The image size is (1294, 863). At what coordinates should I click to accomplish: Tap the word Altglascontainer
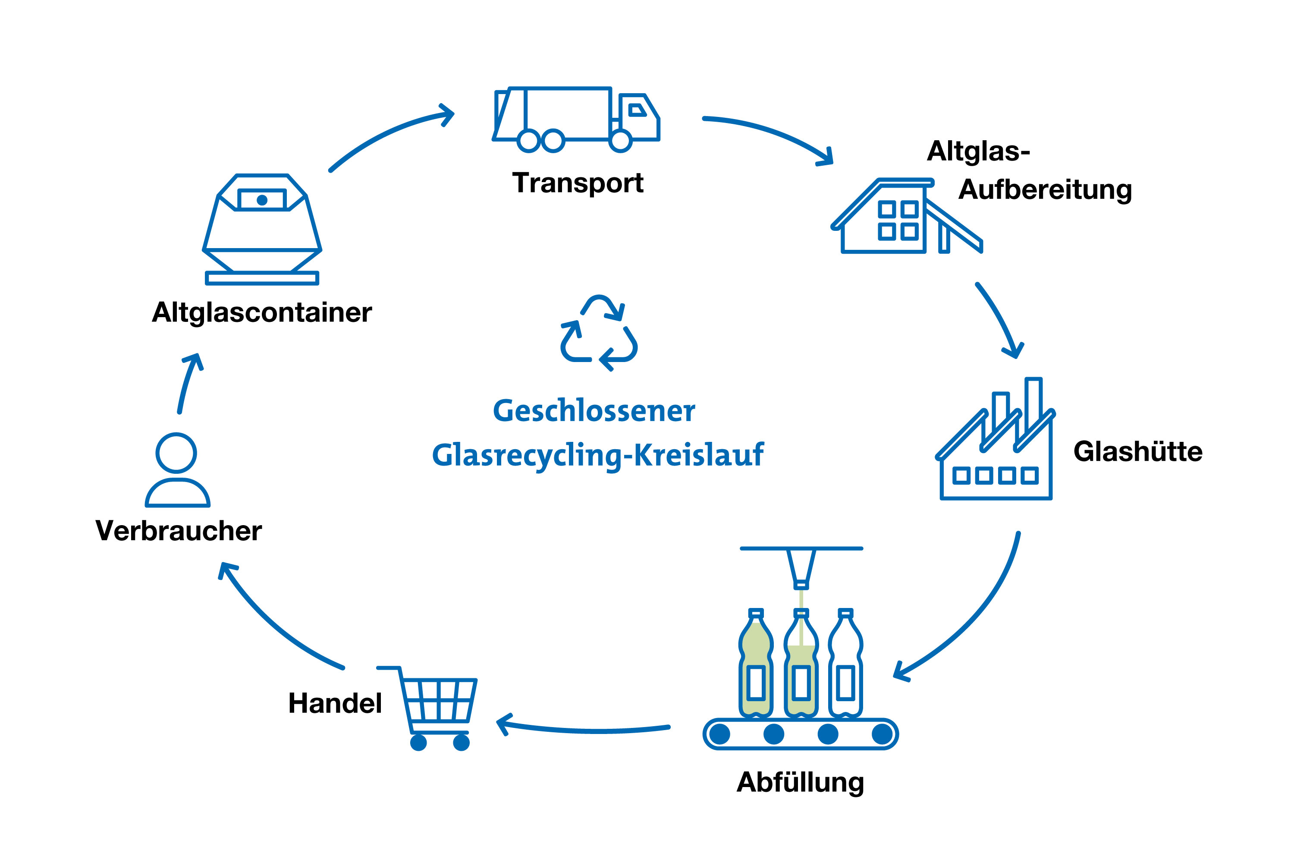click(x=262, y=312)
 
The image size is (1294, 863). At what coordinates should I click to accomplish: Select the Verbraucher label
click(x=179, y=531)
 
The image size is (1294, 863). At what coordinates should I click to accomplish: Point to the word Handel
click(x=335, y=703)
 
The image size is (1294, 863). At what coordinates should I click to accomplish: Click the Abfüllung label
click(x=800, y=783)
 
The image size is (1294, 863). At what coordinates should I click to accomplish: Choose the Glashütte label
click(x=1138, y=451)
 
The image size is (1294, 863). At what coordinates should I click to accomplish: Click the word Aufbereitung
click(x=1045, y=190)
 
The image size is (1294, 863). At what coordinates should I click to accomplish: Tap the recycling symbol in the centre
click(x=599, y=334)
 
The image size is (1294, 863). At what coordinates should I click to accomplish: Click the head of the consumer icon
click(x=176, y=453)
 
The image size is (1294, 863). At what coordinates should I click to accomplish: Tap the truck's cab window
click(x=637, y=110)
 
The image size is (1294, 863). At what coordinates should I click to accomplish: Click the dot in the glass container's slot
click(x=262, y=200)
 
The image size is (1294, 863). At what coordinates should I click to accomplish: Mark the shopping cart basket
click(x=439, y=699)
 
